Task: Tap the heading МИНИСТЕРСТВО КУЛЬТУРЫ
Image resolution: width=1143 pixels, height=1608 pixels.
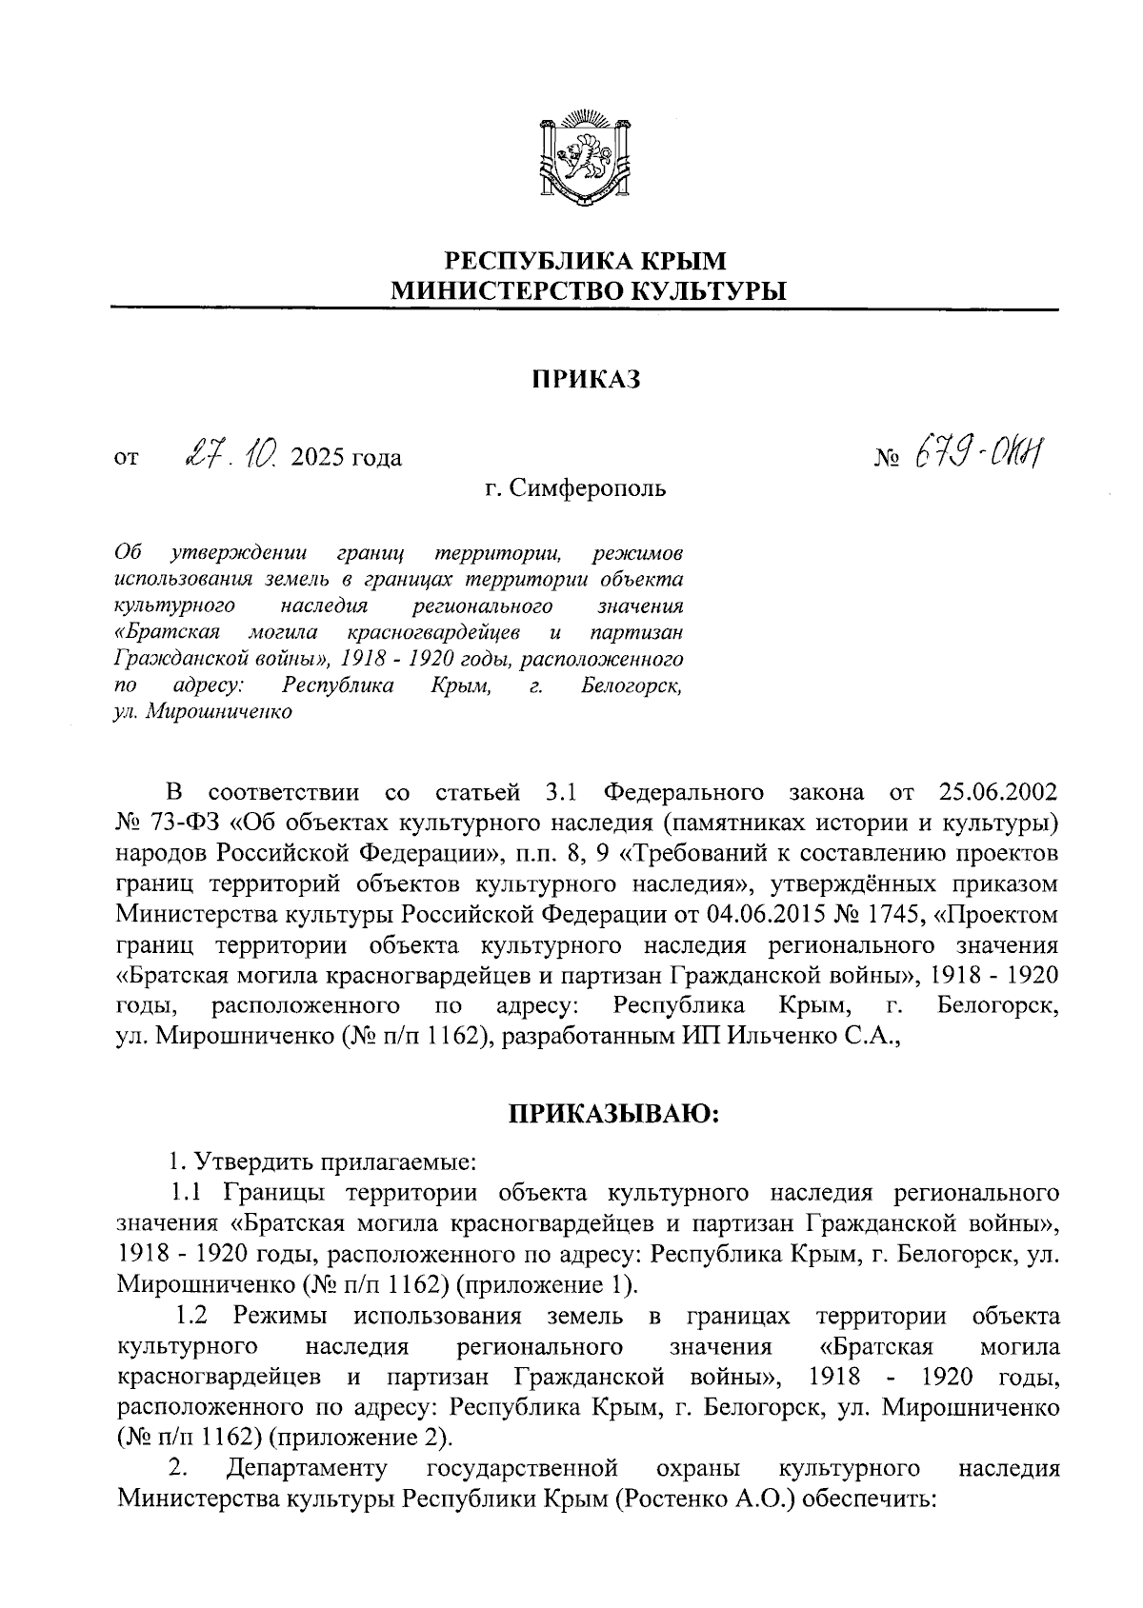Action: pos(586,290)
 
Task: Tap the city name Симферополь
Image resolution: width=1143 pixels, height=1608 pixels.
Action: pos(587,489)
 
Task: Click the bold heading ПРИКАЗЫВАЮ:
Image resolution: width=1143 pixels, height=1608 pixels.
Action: pos(612,1114)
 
